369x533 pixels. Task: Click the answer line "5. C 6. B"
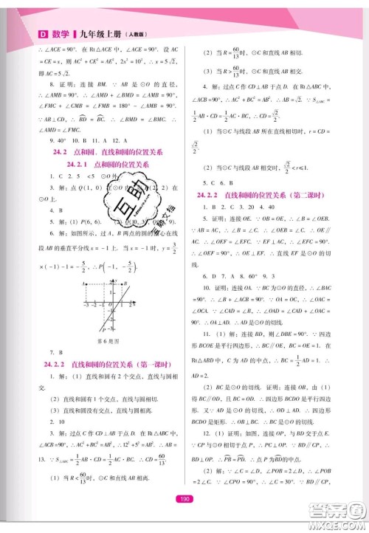point(221,181)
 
